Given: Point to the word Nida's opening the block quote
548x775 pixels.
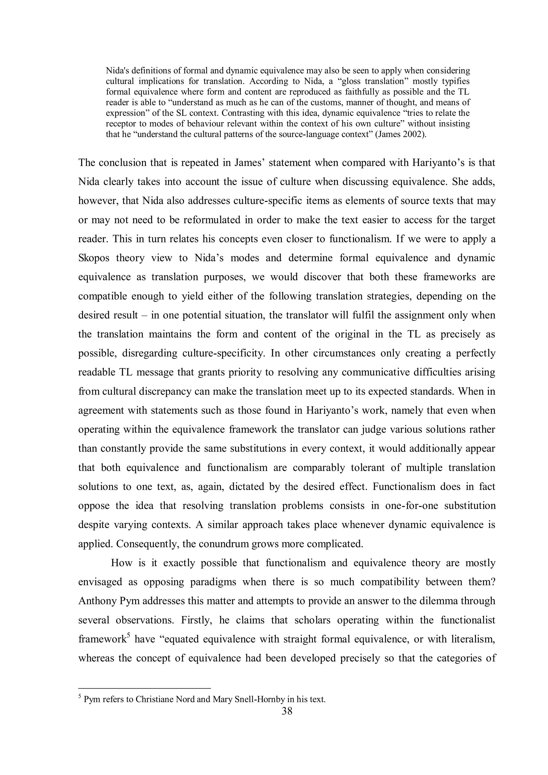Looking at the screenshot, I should coord(117,71).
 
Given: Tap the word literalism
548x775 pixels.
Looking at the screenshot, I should coord(473,639).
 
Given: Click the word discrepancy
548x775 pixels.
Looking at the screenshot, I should coord(167,391).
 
